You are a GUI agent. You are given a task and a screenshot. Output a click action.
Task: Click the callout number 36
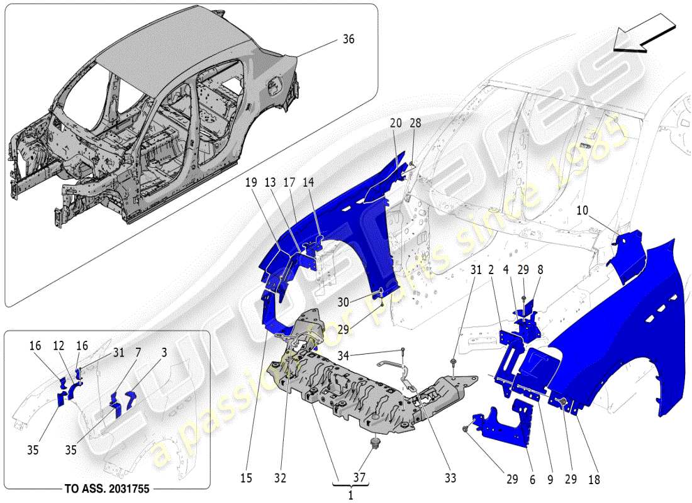tap(348, 40)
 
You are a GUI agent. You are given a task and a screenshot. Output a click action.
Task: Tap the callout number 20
tap(395, 124)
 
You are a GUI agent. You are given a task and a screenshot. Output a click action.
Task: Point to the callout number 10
tap(583, 210)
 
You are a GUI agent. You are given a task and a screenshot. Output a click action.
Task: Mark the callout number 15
tap(246, 478)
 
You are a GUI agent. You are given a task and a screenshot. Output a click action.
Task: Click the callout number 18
tap(593, 479)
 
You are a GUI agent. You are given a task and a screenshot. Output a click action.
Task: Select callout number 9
tap(551, 479)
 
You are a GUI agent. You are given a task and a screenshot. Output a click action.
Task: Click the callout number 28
tap(415, 124)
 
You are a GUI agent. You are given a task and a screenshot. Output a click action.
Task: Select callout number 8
tap(540, 270)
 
